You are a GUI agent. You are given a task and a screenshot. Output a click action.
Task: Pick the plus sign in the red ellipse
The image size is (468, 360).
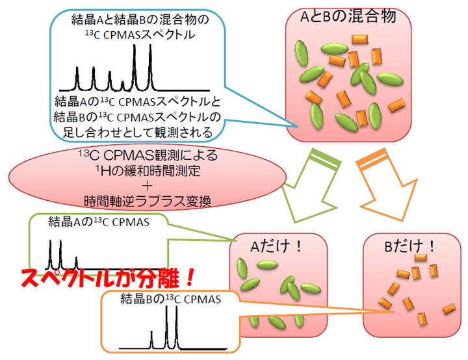(x=148, y=185)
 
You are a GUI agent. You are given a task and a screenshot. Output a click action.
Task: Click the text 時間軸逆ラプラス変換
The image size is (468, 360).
(x=148, y=199)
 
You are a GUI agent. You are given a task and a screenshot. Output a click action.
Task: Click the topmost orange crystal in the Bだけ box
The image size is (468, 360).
(x=421, y=258)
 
